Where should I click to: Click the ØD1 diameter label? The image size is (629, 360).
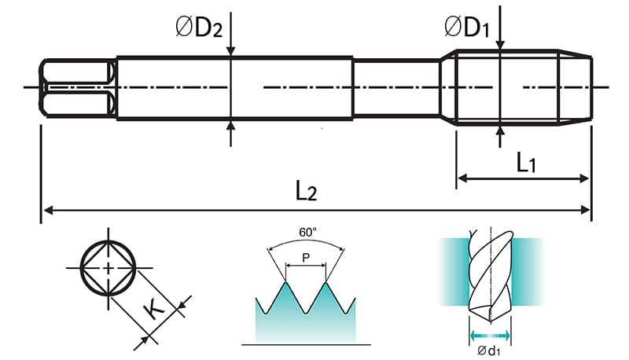pos(469,28)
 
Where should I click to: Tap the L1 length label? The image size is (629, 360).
pos(526,163)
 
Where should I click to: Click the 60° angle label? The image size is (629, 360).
pos(307,233)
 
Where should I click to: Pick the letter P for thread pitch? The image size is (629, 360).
pos(307,258)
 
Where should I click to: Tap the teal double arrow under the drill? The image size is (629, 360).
pos(490,336)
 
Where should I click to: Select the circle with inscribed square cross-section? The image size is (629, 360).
pos(108,268)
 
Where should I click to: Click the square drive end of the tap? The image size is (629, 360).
pos(76,87)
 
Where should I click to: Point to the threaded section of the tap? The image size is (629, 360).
pos(523,87)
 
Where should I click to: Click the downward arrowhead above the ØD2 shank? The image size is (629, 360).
pos(230,52)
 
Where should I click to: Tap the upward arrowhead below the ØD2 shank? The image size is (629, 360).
pos(230,126)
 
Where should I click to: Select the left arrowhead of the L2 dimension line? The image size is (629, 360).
pos(46,210)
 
